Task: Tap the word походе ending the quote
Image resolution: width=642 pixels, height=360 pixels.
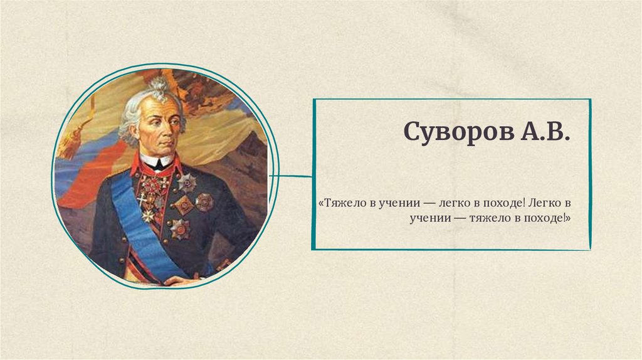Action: (x=544, y=219)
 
